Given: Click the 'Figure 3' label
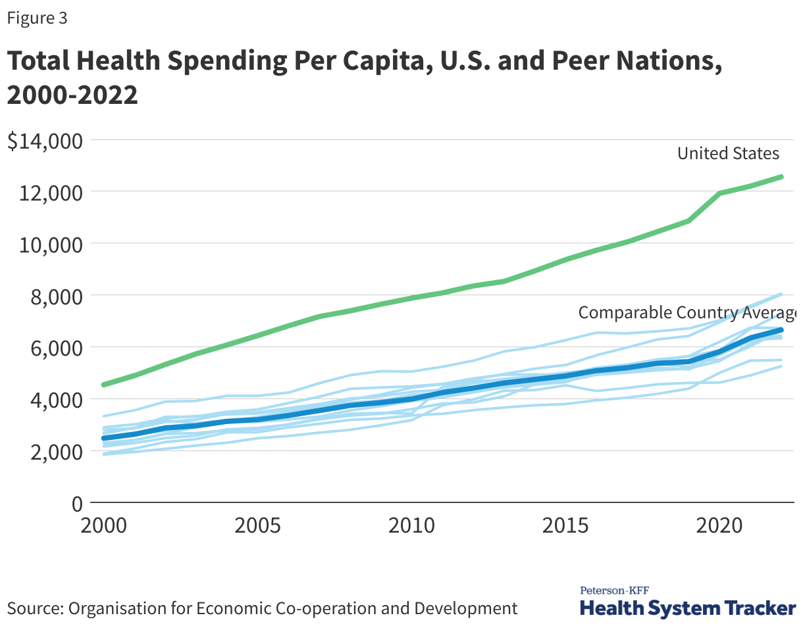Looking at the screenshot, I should click(x=37, y=18).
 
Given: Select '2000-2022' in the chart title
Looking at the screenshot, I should click(x=72, y=95).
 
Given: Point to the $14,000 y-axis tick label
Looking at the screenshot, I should click(x=45, y=141).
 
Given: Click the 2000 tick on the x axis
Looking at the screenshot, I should click(x=101, y=526).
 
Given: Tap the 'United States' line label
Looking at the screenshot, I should click(x=728, y=154).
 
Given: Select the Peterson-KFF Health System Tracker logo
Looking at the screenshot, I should click(x=687, y=602).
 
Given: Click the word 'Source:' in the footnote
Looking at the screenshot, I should click(x=33, y=608).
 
